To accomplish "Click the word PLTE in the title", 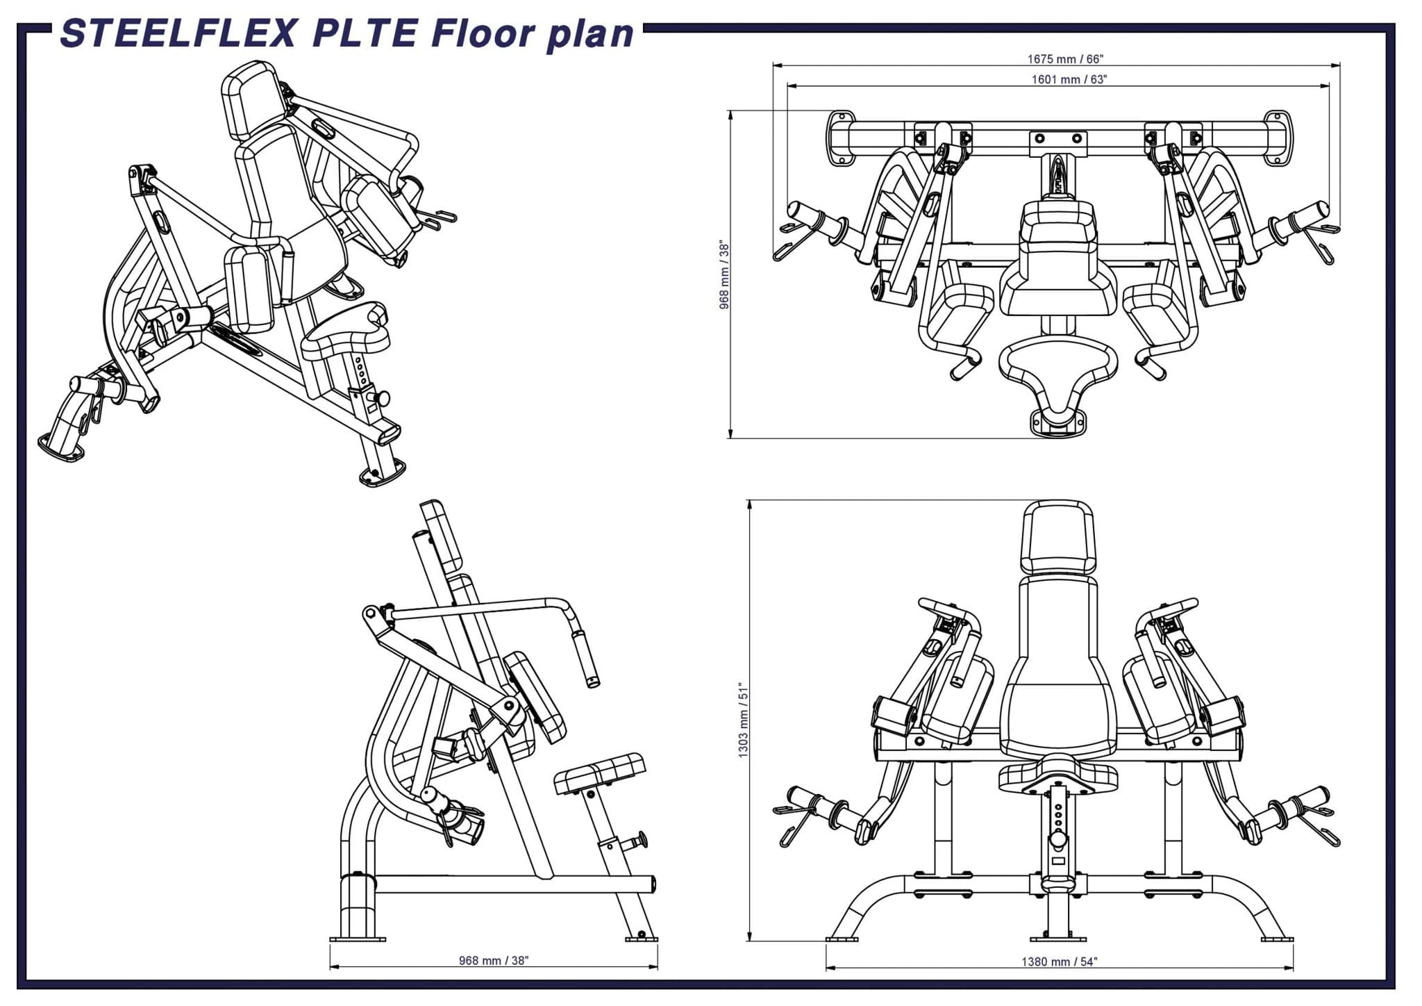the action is (x=366, y=33).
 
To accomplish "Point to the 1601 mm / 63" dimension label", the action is (x=1069, y=79).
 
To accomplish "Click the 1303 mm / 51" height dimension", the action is (x=744, y=719).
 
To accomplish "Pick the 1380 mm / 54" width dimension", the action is (x=1059, y=962).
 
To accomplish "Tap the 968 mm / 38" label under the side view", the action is (x=494, y=960).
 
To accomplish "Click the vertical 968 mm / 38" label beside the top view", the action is (x=724, y=275).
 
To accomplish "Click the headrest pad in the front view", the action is (x=1057, y=537).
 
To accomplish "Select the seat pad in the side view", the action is (x=601, y=773).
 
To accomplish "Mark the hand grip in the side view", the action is (x=585, y=658).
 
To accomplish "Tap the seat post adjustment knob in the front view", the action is (x=1058, y=839).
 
